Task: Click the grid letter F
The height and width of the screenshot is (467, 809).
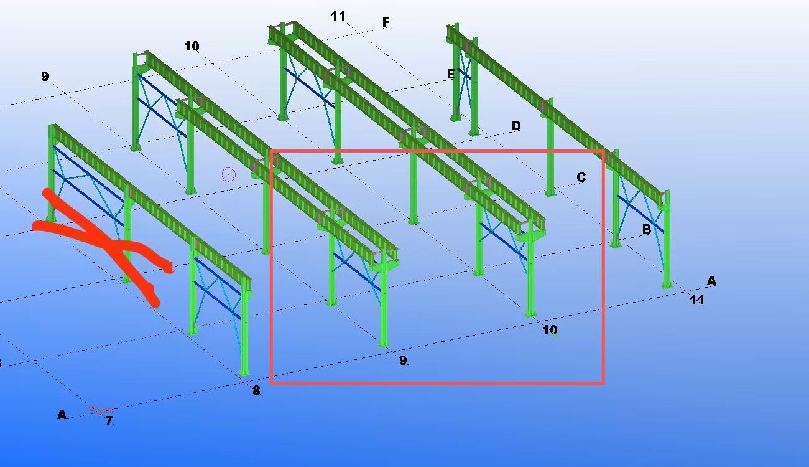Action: click(x=386, y=23)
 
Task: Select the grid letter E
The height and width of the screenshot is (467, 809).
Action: click(x=451, y=74)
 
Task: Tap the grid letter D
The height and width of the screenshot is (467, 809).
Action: click(x=516, y=126)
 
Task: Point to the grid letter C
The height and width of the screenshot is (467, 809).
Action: click(x=581, y=177)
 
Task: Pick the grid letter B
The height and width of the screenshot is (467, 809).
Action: click(x=647, y=229)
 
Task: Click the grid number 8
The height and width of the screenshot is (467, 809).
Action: click(x=256, y=390)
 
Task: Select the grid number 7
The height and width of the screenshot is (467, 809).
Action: click(x=109, y=421)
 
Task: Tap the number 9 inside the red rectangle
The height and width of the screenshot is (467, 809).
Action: click(x=403, y=361)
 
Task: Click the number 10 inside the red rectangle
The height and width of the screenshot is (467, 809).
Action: click(x=550, y=330)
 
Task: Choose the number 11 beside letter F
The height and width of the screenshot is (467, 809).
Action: click(x=338, y=16)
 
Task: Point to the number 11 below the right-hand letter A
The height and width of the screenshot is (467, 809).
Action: click(x=697, y=300)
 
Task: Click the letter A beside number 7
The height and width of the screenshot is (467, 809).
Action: click(x=62, y=415)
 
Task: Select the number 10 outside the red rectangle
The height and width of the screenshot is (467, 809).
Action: click(x=192, y=46)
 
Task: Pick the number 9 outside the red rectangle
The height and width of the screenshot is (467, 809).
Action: click(x=45, y=77)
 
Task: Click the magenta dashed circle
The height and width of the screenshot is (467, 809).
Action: click(x=229, y=175)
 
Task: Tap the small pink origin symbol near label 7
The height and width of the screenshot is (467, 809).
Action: click(x=101, y=410)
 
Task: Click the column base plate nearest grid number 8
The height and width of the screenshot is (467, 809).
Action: click(x=244, y=372)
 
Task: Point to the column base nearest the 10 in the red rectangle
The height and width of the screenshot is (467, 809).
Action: click(x=530, y=313)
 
